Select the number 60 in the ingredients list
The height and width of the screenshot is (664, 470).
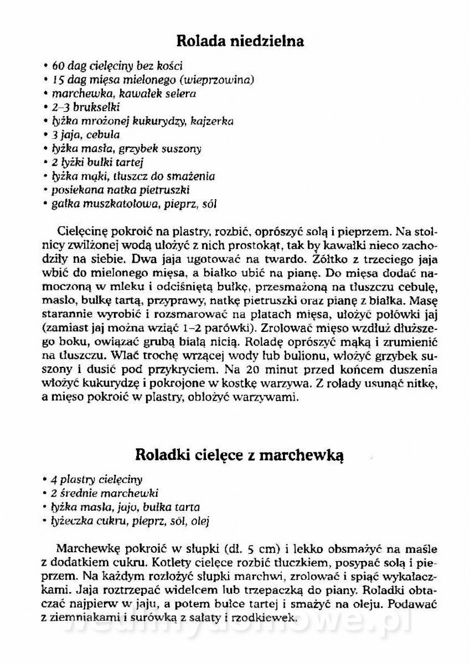59,65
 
